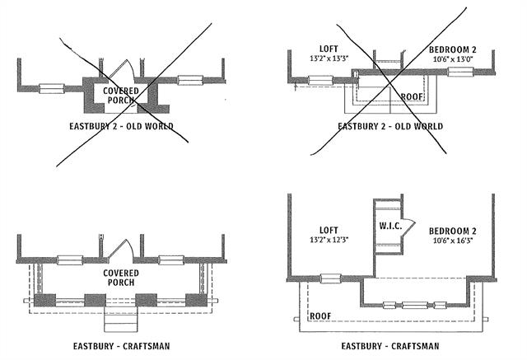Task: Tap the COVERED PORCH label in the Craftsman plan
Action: click(x=120, y=278)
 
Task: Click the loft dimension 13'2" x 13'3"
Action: click(x=329, y=60)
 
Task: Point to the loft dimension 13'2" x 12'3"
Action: click(x=329, y=240)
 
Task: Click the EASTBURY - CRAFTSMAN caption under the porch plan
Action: click(x=121, y=345)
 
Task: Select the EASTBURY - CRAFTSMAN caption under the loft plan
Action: click(x=388, y=346)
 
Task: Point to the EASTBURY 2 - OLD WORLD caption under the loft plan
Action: click(x=390, y=126)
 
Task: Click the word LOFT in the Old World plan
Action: click(x=327, y=49)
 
